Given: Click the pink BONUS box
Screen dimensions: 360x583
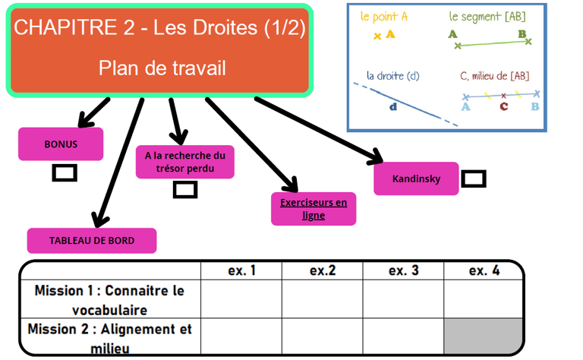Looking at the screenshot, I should (61, 144).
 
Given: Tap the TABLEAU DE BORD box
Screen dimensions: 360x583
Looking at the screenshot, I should (92, 241).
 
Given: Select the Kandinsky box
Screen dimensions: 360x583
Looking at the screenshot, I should (416, 179).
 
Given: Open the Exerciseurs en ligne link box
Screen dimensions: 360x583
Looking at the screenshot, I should (313, 209).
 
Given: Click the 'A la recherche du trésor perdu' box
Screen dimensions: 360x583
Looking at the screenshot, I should (185, 162).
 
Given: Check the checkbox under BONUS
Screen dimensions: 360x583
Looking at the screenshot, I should (65, 173).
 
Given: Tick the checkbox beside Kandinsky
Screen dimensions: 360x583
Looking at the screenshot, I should (474, 179).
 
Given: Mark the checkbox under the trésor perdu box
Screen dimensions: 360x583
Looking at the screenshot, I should (185, 190).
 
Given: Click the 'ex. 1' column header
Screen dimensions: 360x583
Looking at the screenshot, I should (241, 270).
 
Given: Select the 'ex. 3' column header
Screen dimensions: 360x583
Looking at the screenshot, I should (403, 270).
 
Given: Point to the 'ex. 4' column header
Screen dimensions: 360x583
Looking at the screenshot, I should (484, 270).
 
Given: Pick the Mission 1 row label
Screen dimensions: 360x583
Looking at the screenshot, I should (109, 299).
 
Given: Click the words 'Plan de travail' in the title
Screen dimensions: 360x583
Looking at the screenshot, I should (162, 68).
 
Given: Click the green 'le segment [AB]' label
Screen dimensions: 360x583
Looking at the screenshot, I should (487, 15).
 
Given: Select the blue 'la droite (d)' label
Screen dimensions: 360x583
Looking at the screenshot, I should (392, 76).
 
